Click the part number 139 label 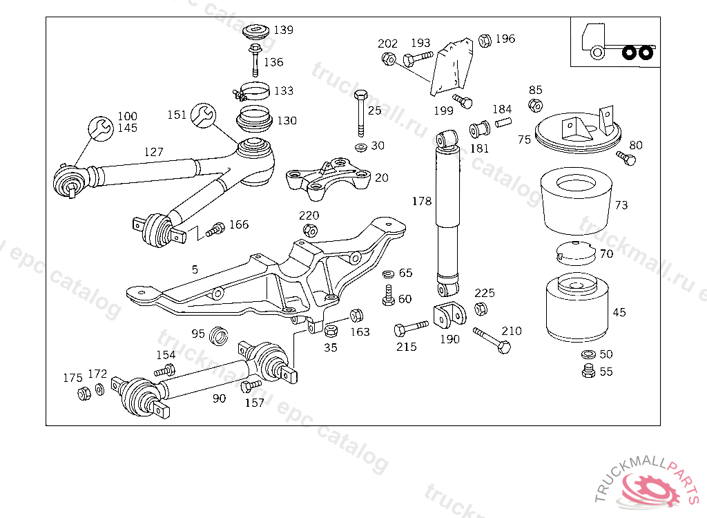(x=283, y=30)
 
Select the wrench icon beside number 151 (x=204, y=115)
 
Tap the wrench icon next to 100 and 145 (x=101, y=128)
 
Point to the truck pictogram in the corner (x=617, y=41)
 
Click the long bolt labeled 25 (x=360, y=113)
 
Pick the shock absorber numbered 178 (x=447, y=213)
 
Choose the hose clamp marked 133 (x=252, y=92)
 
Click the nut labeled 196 (x=485, y=41)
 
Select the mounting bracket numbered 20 (x=328, y=178)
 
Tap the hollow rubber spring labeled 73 (x=577, y=201)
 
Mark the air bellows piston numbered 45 (x=577, y=308)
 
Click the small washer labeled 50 (x=588, y=354)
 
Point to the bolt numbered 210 (x=492, y=340)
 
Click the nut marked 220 (x=310, y=231)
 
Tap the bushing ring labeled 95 (x=219, y=336)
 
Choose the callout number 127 (x=153, y=152)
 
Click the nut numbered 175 (x=84, y=394)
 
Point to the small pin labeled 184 (x=503, y=122)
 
